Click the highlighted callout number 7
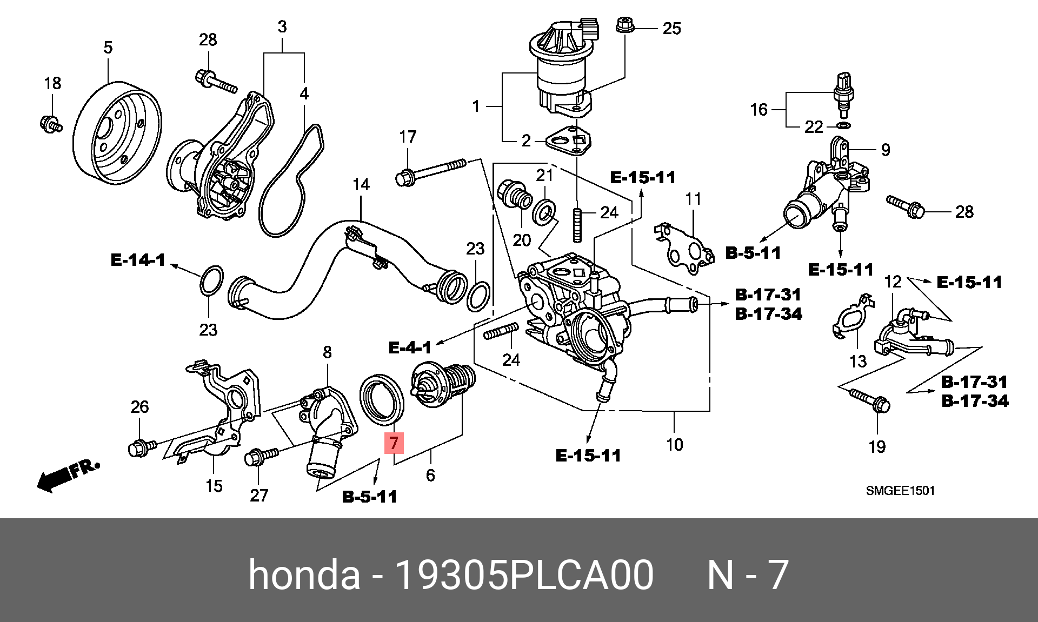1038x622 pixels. [394, 443]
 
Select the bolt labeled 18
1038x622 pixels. [50, 124]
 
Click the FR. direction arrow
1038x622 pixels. [67, 474]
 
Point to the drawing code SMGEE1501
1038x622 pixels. [900, 491]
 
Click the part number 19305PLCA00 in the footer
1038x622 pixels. [524, 574]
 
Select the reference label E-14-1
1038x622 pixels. [138, 260]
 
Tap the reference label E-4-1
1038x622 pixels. [410, 347]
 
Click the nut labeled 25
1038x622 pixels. [624, 25]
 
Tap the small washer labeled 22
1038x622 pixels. [843, 126]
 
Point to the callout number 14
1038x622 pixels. [361, 185]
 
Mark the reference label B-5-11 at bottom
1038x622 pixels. [369, 497]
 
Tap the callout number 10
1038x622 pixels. [674, 445]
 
